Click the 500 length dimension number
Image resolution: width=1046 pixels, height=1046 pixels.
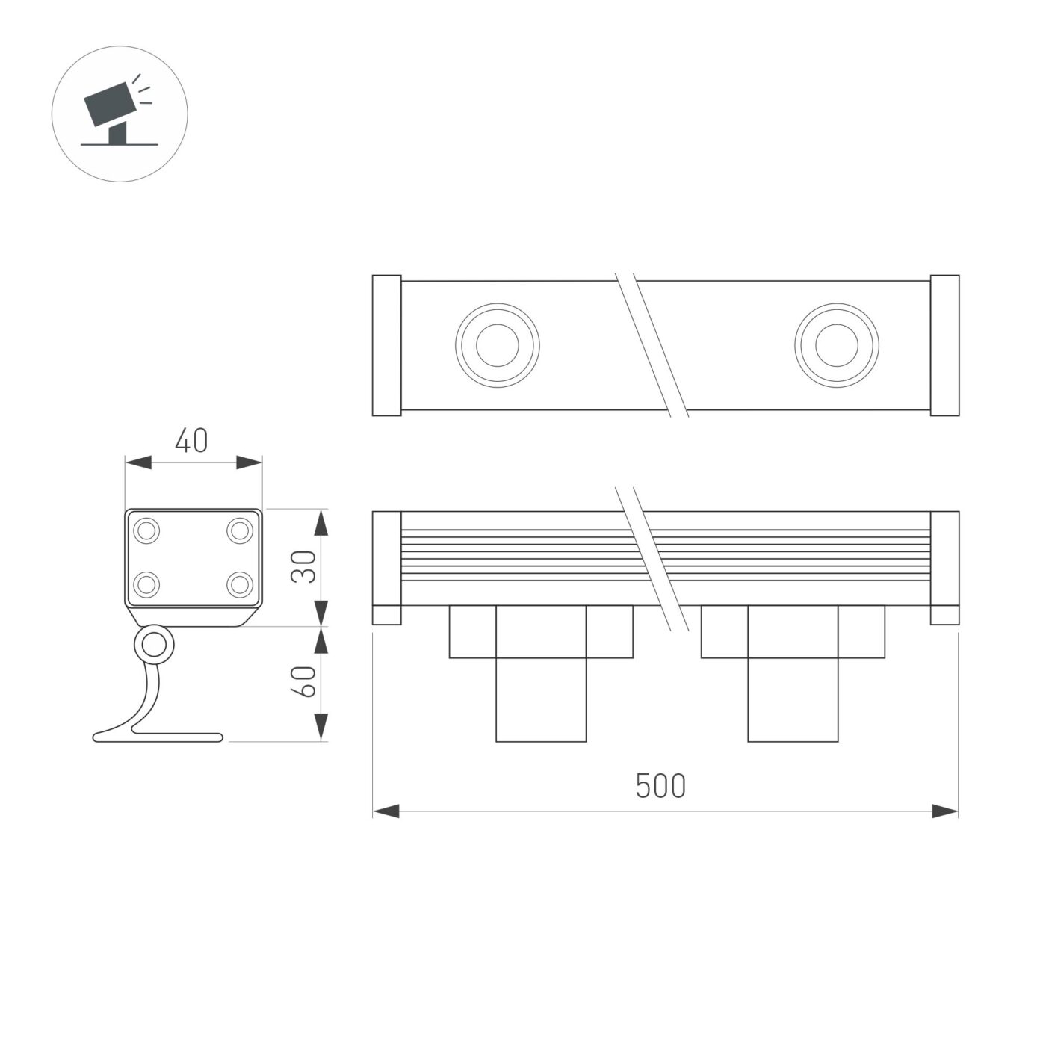(x=660, y=786)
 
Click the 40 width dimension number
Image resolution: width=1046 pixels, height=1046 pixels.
(x=191, y=442)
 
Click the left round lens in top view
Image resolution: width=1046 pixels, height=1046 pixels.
(x=497, y=345)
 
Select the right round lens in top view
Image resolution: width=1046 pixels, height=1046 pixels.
(x=836, y=345)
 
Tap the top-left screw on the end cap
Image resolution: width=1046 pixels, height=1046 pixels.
(x=146, y=531)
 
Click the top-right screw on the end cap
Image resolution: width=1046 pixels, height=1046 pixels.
(x=240, y=531)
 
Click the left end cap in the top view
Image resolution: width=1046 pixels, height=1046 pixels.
(x=387, y=345)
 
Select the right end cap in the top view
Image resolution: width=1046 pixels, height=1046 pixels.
(x=944, y=345)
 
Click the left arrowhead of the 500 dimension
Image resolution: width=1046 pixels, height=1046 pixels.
(x=386, y=811)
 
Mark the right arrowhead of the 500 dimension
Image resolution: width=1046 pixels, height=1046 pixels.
(x=945, y=811)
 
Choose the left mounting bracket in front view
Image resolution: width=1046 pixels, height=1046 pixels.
(x=541, y=672)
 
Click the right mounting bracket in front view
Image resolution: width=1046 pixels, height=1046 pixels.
(x=793, y=672)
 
